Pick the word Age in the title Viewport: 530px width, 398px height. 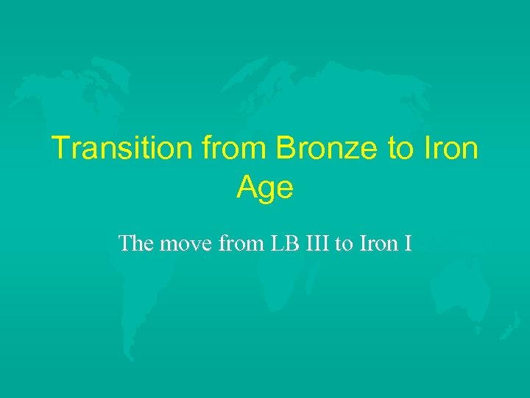tap(265, 189)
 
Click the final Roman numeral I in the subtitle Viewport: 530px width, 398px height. tap(408, 242)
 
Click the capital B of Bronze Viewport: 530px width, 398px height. tap(286, 149)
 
